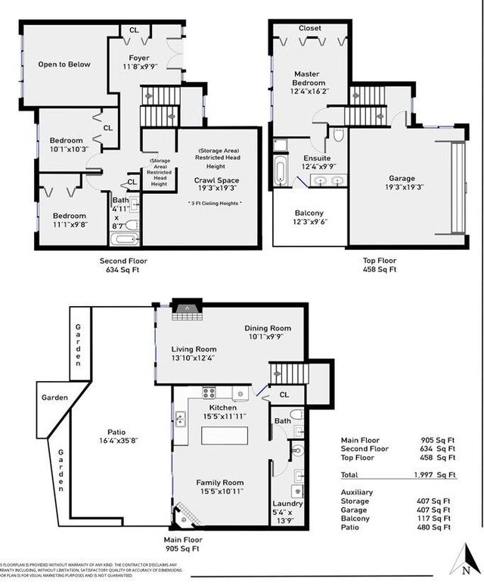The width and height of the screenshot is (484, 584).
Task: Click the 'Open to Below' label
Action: (x=64, y=64)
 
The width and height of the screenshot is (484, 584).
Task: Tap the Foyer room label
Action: (x=138, y=58)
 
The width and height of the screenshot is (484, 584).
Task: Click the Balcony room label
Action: (x=309, y=213)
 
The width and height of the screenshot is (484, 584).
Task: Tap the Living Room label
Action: (x=194, y=348)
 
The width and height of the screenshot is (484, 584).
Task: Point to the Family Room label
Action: (x=220, y=483)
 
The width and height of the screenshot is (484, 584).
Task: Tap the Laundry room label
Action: (x=287, y=504)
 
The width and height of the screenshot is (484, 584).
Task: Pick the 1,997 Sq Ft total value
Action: (x=438, y=475)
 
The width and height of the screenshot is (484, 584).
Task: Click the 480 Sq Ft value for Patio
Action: (x=438, y=528)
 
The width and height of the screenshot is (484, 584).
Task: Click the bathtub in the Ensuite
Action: (x=281, y=166)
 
